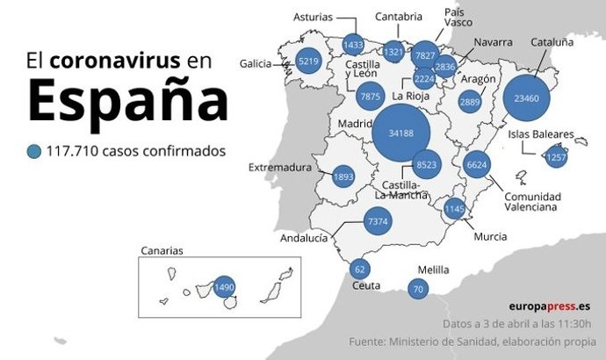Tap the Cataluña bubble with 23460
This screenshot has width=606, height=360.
(532, 98)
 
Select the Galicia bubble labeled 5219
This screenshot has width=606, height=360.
(308, 61)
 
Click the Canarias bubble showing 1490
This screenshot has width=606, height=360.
(225, 287)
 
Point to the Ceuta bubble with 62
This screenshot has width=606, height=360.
(358, 270)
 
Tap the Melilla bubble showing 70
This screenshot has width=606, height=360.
(418, 288)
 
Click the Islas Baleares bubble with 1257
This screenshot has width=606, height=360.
(556, 158)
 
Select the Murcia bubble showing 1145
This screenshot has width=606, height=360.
(454, 209)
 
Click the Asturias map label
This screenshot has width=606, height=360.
(313, 17)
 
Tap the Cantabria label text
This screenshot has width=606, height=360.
(399, 16)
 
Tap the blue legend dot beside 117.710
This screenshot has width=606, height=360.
(33, 151)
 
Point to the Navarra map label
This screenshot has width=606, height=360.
(493, 42)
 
